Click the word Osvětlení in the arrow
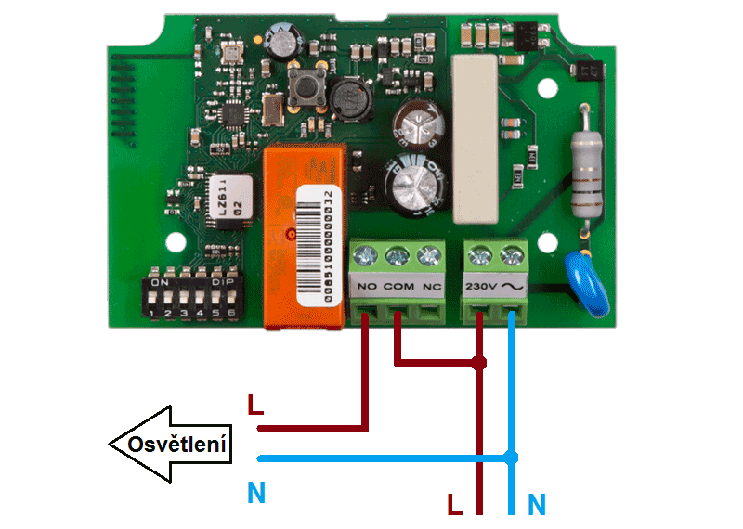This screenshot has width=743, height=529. [x=177, y=444]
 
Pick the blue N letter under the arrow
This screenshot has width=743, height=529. [x=257, y=493]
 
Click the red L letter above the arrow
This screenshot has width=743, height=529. [x=255, y=406]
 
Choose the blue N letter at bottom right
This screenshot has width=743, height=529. [x=537, y=505]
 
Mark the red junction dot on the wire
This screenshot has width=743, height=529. [x=479, y=362]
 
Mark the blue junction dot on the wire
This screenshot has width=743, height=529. [x=511, y=458]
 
